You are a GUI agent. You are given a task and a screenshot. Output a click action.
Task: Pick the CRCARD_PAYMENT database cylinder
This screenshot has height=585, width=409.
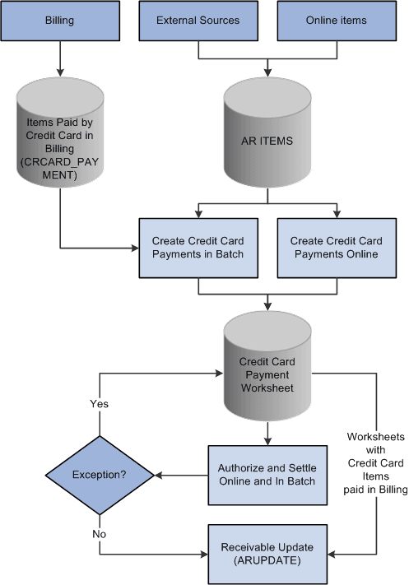point(59,141)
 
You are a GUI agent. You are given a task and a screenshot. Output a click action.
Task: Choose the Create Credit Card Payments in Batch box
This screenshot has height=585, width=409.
point(198,247)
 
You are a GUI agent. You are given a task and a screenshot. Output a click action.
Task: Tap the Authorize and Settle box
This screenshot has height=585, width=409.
point(267,474)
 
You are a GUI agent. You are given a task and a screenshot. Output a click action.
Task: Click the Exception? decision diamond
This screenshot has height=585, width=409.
point(100,475)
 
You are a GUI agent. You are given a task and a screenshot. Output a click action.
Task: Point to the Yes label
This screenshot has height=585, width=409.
point(100,404)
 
